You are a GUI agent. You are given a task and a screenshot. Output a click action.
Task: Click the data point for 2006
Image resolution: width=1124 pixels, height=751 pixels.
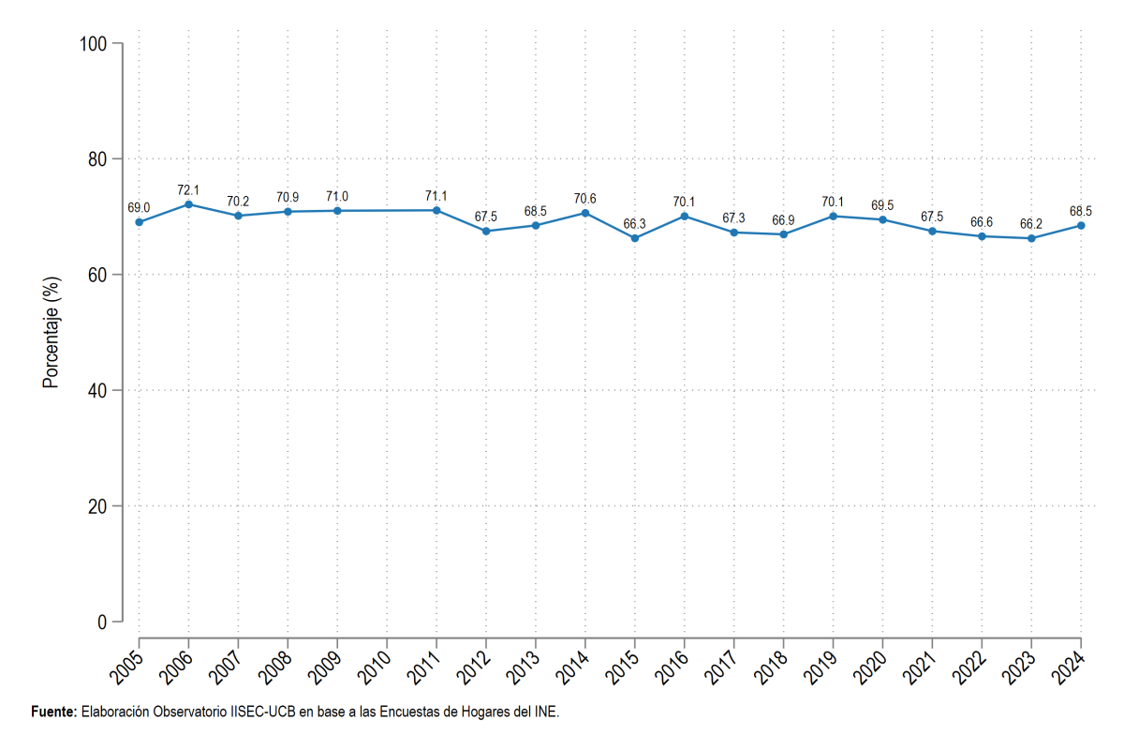(x=188, y=204)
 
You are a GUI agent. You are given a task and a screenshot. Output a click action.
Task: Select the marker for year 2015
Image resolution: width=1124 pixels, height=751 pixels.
(x=635, y=238)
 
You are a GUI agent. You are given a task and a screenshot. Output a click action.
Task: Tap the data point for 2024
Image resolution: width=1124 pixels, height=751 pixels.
(x=1081, y=226)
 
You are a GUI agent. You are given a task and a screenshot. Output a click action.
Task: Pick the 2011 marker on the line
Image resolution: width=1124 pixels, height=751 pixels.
(x=436, y=210)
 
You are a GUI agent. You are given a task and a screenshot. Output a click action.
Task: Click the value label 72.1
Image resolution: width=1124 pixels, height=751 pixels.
(x=188, y=190)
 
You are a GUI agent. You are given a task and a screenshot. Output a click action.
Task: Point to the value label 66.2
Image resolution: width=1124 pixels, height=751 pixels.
(x=1031, y=224)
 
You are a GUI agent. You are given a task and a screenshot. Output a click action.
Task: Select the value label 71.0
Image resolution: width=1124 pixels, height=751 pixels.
(x=337, y=196)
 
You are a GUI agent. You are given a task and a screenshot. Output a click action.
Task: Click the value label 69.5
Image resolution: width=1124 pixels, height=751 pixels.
(x=882, y=205)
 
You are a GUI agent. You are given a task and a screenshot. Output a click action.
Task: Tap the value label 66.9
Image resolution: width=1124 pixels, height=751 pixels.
(x=783, y=220)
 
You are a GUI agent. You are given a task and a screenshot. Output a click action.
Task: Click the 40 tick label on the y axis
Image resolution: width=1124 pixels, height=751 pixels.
(x=97, y=391)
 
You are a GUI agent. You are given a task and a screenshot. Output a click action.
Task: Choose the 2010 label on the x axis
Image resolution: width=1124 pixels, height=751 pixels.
(x=375, y=668)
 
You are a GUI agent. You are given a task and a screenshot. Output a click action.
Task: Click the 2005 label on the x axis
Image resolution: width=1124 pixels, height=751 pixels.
(x=126, y=668)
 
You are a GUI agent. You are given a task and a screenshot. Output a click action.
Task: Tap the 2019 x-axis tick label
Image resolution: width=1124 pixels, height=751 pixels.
(x=821, y=668)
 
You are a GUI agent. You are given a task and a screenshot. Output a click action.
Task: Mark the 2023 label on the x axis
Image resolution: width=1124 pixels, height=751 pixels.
(x=1019, y=668)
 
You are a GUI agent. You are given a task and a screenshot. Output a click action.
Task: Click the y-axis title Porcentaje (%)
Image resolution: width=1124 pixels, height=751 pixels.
(x=52, y=333)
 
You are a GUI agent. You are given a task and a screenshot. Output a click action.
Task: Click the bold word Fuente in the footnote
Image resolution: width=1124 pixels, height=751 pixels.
(x=52, y=712)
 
